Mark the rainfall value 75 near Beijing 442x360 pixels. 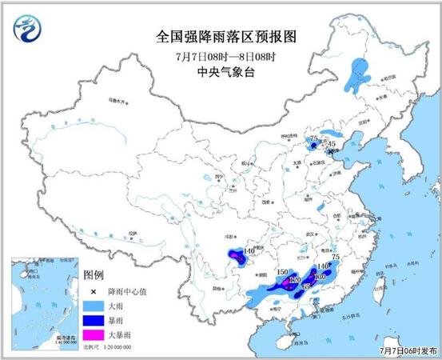(313, 139)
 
